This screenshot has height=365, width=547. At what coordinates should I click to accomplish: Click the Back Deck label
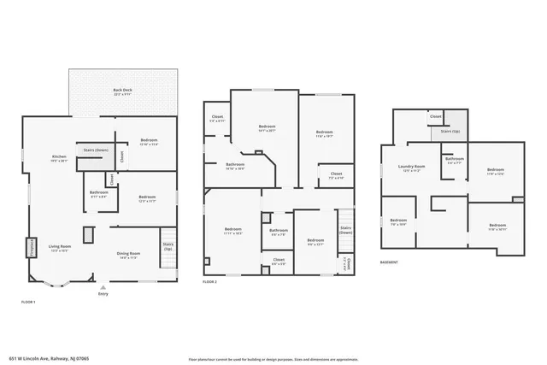click(x=122, y=91)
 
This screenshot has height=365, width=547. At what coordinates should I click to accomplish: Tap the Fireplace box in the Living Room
click(x=32, y=247)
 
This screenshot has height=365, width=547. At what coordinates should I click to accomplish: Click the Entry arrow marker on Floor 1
click(x=103, y=286)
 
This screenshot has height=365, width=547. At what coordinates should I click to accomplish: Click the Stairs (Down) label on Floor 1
click(x=95, y=150)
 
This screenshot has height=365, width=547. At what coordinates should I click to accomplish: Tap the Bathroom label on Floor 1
click(x=98, y=193)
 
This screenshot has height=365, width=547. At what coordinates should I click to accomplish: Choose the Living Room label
click(x=59, y=248)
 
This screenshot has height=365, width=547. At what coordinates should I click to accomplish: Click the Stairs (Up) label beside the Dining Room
click(x=168, y=247)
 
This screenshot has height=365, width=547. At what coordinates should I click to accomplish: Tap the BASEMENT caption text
click(x=390, y=263)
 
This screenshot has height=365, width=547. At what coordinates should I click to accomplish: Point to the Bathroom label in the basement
click(x=454, y=160)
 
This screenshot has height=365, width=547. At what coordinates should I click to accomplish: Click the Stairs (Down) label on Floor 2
click(x=345, y=230)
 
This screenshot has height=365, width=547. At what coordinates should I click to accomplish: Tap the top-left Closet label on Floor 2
click(x=218, y=118)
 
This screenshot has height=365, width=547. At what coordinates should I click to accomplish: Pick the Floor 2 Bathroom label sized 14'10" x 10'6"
click(x=235, y=166)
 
